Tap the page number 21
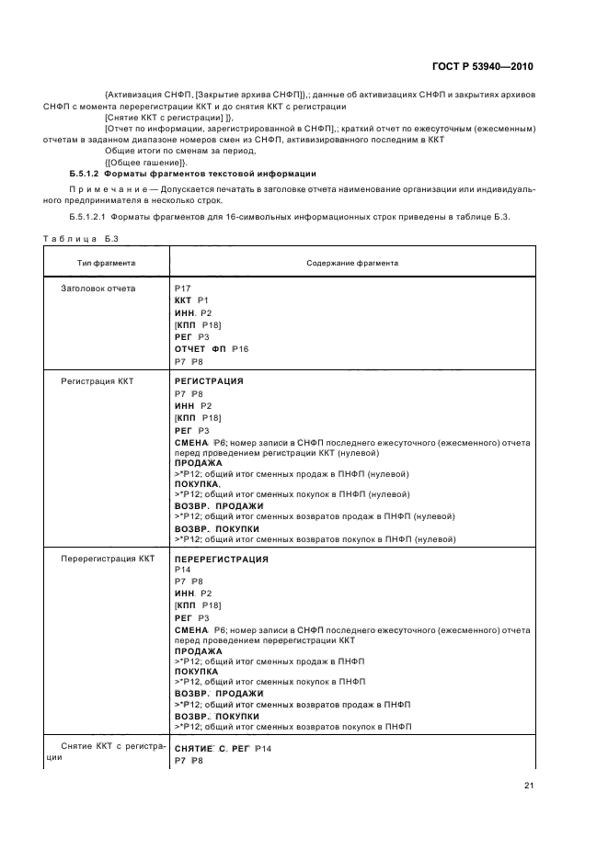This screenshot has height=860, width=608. coord(528,785)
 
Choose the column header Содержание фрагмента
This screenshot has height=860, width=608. coord(351,262)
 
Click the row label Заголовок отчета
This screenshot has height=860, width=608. coord(98,289)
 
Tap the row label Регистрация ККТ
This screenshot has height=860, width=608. coord(98,379)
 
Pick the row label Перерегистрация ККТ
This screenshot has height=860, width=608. coord(107,559)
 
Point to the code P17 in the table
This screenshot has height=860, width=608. coord(182,289)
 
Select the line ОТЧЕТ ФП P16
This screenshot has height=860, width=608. coord(211,349)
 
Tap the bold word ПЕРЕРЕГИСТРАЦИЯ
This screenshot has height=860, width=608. coord(221,559)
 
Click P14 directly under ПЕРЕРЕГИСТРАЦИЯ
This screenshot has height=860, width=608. coord(182,570)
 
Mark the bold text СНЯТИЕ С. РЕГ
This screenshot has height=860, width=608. coord(212,750)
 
